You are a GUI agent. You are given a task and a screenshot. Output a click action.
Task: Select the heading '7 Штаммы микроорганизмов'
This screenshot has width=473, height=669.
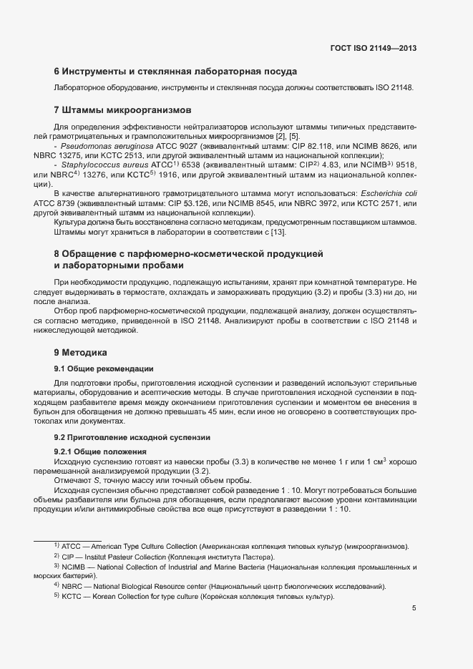(123, 110)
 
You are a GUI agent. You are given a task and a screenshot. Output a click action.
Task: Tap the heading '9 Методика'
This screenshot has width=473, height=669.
(80, 353)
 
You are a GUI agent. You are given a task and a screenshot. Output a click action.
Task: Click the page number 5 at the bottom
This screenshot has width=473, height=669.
(414, 608)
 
